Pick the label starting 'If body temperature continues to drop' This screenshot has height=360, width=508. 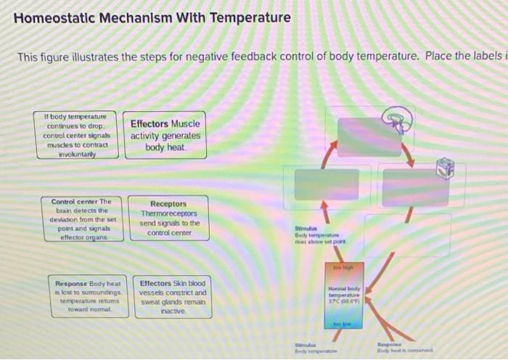click(76, 134)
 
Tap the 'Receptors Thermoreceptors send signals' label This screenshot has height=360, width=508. click(168, 218)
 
